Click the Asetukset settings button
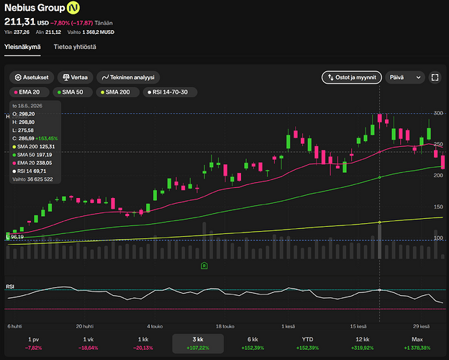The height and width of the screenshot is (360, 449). click(x=32, y=77)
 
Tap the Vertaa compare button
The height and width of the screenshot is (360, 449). click(x=76, y=77)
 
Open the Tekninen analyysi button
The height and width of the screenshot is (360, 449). click(x=128, y=77)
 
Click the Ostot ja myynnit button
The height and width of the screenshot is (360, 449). click(x=352, y=77)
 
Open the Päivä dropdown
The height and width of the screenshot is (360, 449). click(x=405, y=77)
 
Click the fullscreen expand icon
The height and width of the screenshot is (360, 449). click(x=435, y=77)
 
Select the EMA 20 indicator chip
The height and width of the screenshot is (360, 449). click(x=30, y=92)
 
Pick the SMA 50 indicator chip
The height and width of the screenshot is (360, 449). click(x=73, y=92)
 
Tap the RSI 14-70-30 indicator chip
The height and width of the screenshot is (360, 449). click(x=170, y=92)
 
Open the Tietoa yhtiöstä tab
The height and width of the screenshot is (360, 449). click(x=75, y=47)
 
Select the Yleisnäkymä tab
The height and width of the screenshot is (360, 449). click(x=22, y=47)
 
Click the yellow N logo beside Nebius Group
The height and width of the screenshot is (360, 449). click(x=73, y=8)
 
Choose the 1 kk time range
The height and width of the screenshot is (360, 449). click(x=143, y=343)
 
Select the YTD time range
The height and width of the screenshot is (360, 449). click(x=307, y=343)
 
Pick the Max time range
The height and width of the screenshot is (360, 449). click(x=417, y=343)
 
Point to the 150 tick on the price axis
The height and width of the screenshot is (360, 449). click(x=438, y=207)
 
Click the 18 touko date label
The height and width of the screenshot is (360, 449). click(x=225, y=326)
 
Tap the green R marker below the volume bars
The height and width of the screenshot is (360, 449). click(x=204, y=266)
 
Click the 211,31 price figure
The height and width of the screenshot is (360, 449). click(x=19, y=22)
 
